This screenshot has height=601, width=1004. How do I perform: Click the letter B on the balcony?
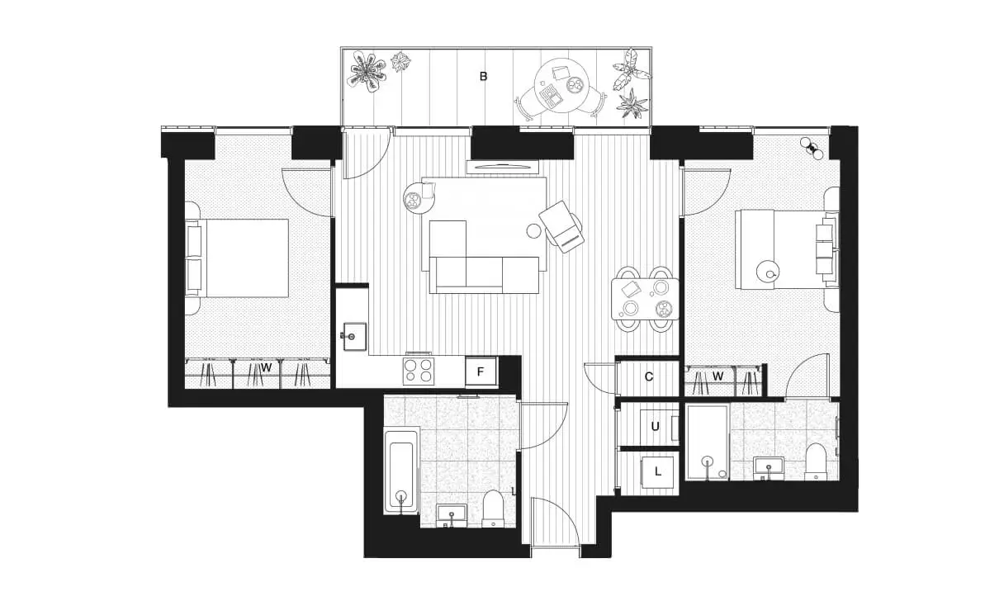483,77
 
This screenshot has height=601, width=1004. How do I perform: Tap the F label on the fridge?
481,371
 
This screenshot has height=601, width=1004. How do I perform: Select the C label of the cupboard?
649,377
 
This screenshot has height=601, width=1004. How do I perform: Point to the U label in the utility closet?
656,427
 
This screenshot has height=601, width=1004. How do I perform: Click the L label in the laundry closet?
658,471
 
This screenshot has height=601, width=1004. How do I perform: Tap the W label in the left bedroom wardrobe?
266,368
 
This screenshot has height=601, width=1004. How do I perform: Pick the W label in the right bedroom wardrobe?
718,376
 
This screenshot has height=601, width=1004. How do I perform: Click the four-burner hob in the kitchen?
418,371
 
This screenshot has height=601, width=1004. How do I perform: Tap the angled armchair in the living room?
561,227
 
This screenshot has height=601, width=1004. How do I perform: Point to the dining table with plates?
645,299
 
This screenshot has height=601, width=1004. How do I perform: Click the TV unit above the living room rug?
502,168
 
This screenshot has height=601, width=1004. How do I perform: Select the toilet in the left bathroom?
493,509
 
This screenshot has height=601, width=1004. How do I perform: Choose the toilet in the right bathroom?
815,461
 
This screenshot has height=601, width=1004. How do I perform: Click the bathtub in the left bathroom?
401,471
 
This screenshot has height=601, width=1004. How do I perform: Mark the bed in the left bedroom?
237,258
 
